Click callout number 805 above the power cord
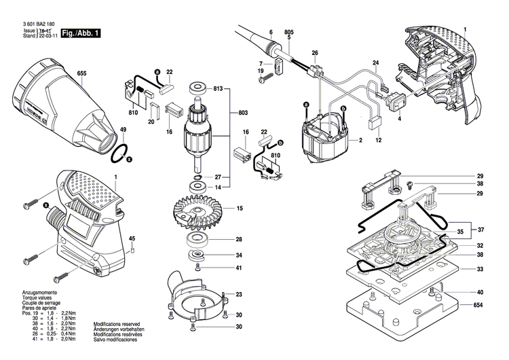[x=288, y=33]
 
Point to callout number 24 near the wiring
[x=375, y=64]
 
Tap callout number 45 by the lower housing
[x=132, y=238]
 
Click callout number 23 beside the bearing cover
[x=239, y=294]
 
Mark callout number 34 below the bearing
[x=239, y=255]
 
